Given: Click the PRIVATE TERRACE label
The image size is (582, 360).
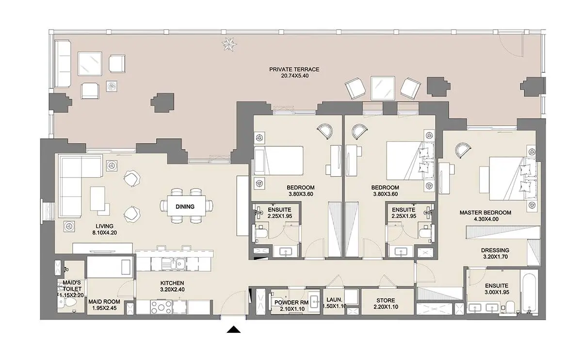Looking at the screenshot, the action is pyautogui.click(x=294, y=69).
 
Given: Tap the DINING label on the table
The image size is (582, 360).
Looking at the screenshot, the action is pyautogui.click(x=185, y=207).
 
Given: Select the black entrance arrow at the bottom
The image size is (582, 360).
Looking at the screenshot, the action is pyautogui.click(x=234, y=329).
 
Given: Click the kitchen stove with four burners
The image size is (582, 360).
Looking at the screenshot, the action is pyautogui.click(x=161, y=308).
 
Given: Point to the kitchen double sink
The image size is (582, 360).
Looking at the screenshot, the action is pyautogui.click(x=173, y=264).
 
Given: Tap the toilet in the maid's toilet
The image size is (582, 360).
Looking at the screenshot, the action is pyautogui.click(x=67, y=302).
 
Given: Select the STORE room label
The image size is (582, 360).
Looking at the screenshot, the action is pyautogui.click(x=386, y=300).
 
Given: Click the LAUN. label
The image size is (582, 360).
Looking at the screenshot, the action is pyautogui.click(x=334, y=300).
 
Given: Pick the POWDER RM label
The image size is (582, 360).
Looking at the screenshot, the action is pyautogui.click(x=291, y=303).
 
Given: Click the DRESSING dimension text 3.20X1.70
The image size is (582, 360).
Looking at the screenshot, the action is pyautogui.click(x=495, y=257).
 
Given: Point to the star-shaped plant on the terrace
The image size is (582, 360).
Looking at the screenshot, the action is pyautogui.click(x=229, y=45).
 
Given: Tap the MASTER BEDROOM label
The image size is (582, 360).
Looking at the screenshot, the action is pyautogui.click(x=485, y=213).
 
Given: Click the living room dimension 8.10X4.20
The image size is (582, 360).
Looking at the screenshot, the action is pyautogui.click(x=104, y=232).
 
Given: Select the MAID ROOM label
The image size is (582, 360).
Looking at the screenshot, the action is pyautogui.click(x=104, y=302).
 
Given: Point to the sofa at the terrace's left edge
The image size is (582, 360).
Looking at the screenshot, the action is pyautogui.click(x=63, y=64).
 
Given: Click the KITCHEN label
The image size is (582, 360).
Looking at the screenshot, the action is pyautogui.click(x=172, y=283).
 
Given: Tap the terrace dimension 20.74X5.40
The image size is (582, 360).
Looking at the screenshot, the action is pyautogui.click(x=295, y=76).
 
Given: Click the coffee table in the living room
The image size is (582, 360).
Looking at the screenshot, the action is pyautogui.click(x=98, y=199).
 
